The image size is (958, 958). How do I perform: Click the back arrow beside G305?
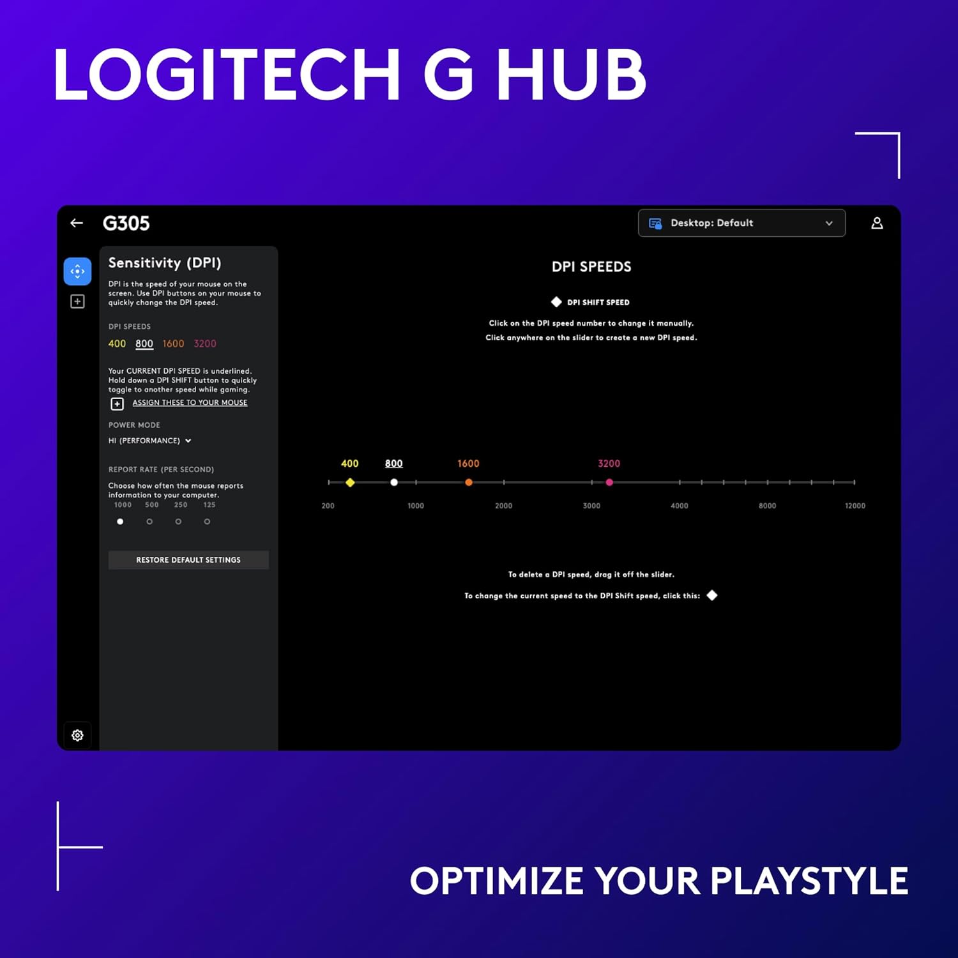coord(77,223)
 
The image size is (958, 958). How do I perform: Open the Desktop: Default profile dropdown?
coord(741,223)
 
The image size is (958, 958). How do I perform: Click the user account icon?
coord(877,223)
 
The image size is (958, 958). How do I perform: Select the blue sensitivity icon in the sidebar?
coord(77,271)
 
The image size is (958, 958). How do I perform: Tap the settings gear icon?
coord(77,735)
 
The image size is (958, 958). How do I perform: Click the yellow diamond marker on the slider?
coord(350,482)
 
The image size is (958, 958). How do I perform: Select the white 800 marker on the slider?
coord(394,482)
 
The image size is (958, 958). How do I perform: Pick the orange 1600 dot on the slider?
coord(469,482)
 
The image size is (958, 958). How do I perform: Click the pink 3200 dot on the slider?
coord(609,482)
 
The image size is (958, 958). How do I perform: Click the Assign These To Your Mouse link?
coord(190,403)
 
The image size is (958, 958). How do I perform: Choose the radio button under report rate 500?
coord(149,522)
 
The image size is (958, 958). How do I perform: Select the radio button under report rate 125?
coord(207,522)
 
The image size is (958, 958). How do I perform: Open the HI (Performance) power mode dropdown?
coord(149,441)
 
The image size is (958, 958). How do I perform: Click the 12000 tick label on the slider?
coord(855,506)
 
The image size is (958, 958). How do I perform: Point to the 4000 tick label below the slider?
coord(679,506)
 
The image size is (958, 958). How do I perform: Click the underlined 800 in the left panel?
coord(144,344)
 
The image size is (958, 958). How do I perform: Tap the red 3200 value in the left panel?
coord(205,344)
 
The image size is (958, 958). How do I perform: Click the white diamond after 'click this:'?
coord(712,595)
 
